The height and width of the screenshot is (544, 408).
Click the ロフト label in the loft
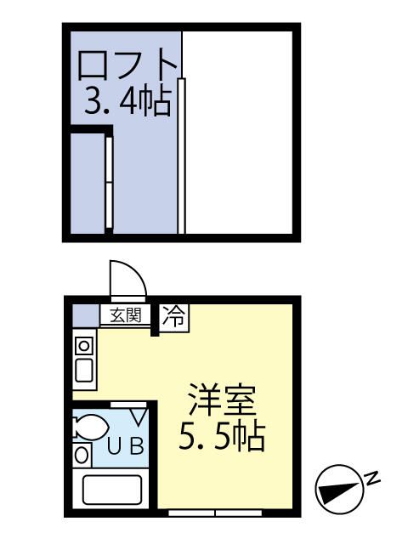[127, 65]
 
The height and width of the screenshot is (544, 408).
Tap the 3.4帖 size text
[127, 102]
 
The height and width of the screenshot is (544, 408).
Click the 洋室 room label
[223, 399]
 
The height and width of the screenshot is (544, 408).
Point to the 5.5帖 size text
[223, 437]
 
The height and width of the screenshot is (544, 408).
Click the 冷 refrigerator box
[175, 316]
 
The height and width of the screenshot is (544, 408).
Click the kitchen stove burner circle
[84, 344]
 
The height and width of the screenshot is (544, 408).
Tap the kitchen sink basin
[84, 371]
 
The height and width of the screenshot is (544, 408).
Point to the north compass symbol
[333, 491]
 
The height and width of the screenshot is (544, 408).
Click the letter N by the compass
[372, 480]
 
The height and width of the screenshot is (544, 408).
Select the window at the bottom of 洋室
[214, 513]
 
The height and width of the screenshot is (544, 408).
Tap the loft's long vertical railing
[181, 153]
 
